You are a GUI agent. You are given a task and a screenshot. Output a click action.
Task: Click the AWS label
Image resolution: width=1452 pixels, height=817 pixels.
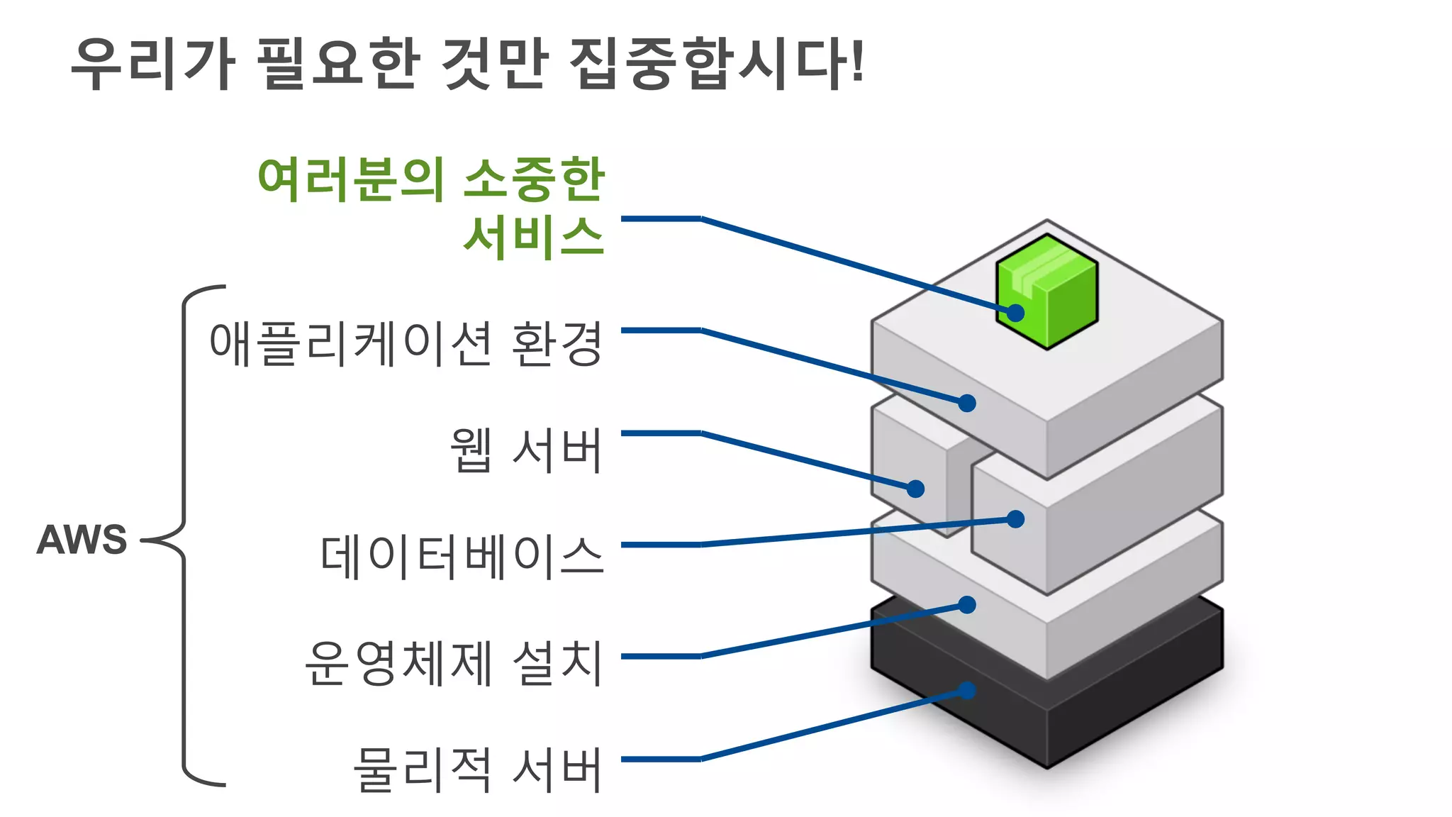82,540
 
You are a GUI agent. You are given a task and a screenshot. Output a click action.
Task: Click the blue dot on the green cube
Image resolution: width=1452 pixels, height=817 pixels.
1016,313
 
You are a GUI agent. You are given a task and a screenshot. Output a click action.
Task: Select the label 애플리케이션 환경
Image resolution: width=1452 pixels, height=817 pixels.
406,344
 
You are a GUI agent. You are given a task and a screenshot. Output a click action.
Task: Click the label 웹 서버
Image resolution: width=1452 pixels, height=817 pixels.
526,450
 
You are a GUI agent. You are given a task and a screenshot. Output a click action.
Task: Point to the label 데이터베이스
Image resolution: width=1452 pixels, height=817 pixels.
462,557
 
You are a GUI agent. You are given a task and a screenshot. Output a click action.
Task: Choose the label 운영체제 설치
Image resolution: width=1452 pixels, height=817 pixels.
453,663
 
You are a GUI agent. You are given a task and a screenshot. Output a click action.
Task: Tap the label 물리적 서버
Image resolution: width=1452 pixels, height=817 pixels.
477,769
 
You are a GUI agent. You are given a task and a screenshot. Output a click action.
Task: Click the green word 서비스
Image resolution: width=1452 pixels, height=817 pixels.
533,236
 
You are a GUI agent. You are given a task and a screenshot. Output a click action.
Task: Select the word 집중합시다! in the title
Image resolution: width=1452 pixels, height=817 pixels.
716,64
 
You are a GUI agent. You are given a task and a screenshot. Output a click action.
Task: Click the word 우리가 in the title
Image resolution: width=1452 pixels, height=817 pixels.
152,64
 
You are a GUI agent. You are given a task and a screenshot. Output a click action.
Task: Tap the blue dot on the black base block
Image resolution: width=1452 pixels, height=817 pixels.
967,690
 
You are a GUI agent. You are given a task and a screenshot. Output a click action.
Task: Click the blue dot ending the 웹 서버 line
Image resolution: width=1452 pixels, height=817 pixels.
915,489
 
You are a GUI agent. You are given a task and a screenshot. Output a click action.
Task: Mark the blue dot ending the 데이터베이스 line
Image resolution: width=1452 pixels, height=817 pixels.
1016,519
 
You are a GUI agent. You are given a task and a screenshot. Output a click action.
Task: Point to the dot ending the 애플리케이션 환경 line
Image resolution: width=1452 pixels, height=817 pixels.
967,403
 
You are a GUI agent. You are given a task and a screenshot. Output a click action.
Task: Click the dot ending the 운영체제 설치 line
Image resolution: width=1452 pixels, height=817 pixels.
967,604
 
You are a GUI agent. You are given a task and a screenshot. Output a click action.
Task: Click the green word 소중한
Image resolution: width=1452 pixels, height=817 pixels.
533,179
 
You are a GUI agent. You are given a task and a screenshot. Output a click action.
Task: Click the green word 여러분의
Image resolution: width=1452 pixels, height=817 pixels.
351,179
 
